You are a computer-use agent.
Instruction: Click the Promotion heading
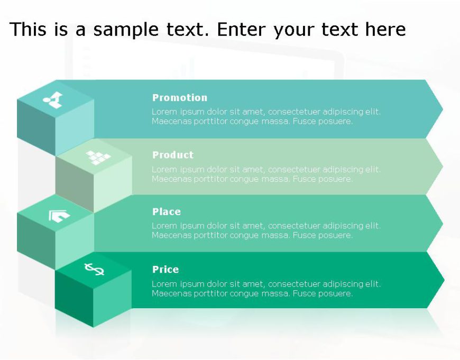pos(180,98)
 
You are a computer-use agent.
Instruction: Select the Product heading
pos(173,155)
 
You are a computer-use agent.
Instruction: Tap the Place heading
pos(167,212)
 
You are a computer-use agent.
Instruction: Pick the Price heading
pos(165,270)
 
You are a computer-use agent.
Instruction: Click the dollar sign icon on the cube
pos(94,270)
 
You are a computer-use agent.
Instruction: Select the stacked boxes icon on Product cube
pos(98,157)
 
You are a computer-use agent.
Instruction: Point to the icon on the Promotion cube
pos(53,99)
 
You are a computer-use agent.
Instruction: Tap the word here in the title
pos(385,30)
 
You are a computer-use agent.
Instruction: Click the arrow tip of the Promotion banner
pos(441,109)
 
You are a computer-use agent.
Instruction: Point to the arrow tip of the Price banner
pos(443,280)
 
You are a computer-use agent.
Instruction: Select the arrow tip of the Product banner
pos(441,166)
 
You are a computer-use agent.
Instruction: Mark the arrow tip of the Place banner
pos(441,223)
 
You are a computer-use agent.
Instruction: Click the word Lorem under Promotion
pos(163,112)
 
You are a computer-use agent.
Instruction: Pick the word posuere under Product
pos(334,179)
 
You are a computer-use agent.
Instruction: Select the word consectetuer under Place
pos(294,226)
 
